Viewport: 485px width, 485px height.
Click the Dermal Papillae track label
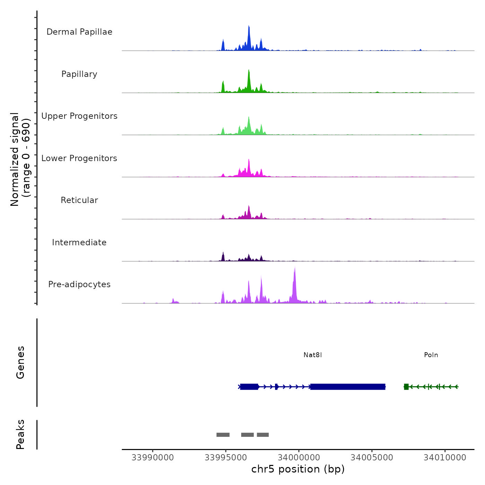pyautogui.click(x=79, y=32)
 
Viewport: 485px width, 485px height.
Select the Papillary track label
pyautogui.click(x=79, y=74)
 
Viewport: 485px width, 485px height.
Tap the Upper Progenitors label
pyautogui.click(x=79, y=116)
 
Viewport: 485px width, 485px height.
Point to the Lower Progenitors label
pyautogui.click(x=79, y=158)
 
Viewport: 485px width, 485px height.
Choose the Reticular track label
pyautogui.click(x=79, y=200)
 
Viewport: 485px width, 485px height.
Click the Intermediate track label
pyautogui.click(x=79, y=242)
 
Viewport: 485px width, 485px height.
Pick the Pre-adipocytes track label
pyautogui.click(x=79, y=284)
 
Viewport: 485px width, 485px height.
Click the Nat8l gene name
pyautogui.click(x=312, y=355)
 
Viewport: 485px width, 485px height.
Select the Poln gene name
pyautogui.click(x=431, y=355)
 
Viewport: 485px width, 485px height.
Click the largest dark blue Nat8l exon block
pyautogui.click(x=347, y=387)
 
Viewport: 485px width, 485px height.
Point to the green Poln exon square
pyautogui.click(x=406, y=387)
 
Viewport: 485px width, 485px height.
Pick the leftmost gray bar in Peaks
pyautogui.click(x=223, y=435)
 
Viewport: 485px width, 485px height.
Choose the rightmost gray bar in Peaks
pyautogui.click(x=263, y=435)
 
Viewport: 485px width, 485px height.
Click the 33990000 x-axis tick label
pyautogui.click(x=153, y=458)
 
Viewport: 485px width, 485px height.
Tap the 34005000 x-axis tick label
pyautogui.click(x=372, y=458)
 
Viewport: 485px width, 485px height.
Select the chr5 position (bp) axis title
pyautogui.click(x=298, y=469)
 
